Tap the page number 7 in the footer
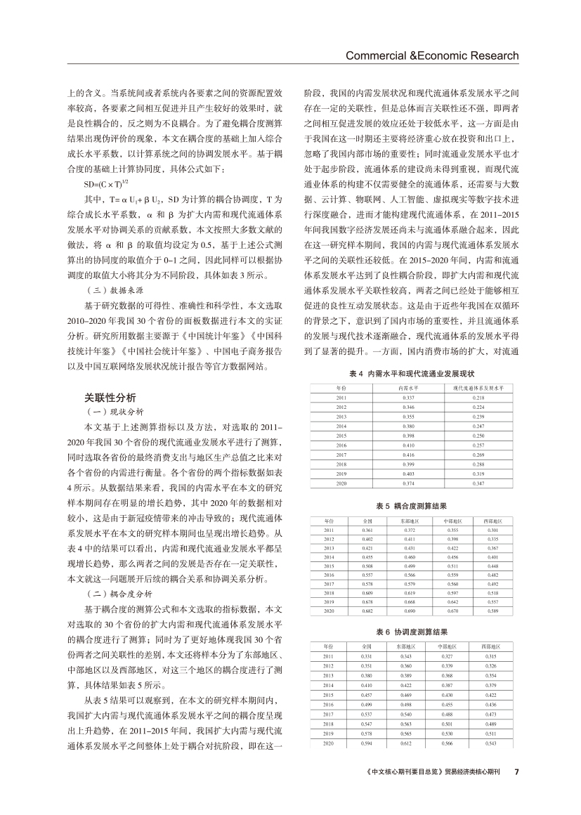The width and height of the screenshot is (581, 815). tap(516, 771)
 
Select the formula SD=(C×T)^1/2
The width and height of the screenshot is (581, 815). tap(106, 184)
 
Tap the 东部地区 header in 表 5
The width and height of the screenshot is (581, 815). tap(407, 521)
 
